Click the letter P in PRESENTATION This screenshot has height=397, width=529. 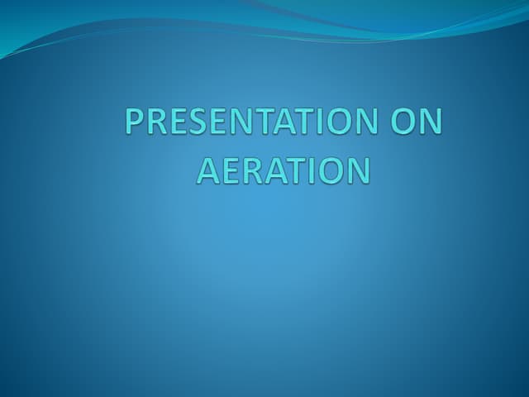pos(135,124)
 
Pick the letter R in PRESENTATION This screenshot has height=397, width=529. pos(156,124)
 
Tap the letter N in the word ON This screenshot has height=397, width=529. pos(430,124)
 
